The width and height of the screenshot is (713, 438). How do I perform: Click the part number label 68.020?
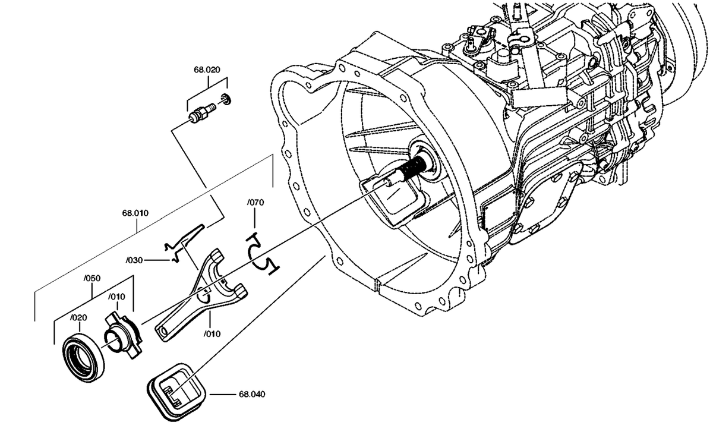pyautogui.click(x=207, y=70)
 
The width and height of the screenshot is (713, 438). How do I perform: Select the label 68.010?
pyautogui.click(x=135, y=213)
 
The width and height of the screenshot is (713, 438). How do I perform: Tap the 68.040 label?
pyautogui.click(x=252, y=395)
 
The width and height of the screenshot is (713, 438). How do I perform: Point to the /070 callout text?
pyautogui.click(x=255, y=203)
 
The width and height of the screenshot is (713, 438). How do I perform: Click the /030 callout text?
pyautogui.click(x=134, y=260)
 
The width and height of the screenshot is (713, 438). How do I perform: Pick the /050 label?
pyautogui.click(x=92, y=278)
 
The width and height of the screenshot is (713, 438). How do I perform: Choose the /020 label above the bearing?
pyautogui.click(x=78, y=318)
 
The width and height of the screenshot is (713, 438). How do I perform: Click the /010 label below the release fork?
pyautogui.click(x=212, y=334)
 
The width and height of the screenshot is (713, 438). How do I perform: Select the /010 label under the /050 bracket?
pyautogui.click(x=116, y=297)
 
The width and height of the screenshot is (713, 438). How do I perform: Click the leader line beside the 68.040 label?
pyautogui.click(x=222, y=395)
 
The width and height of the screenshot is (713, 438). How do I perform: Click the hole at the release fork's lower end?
pyautogui.click(x=163, y=332)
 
